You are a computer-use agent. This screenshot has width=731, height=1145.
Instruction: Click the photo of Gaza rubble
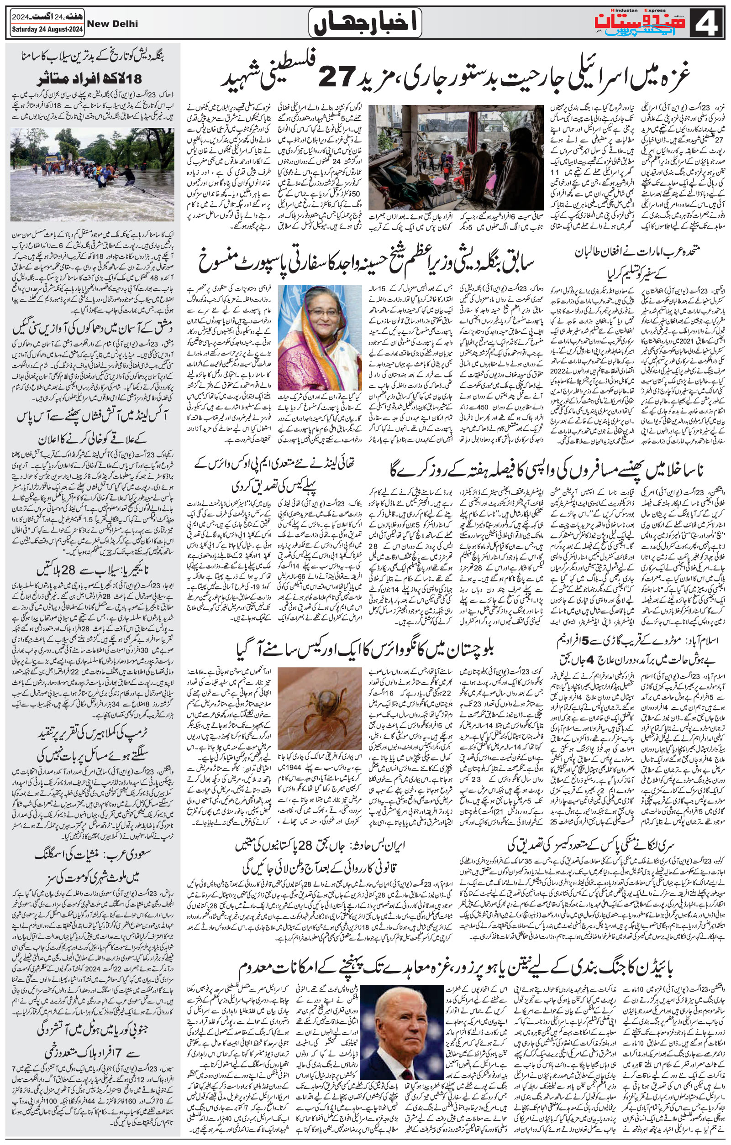coord(456,157)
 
